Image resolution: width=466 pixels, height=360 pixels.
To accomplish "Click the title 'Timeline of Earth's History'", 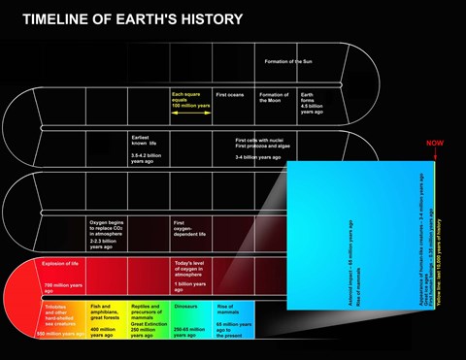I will coord(132,19).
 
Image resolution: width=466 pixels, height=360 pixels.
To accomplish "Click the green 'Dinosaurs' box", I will coord(192,319).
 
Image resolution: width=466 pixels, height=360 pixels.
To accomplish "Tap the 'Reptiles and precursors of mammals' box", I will coord(150,319).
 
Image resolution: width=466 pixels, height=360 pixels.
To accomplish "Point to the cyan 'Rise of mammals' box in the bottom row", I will coord(233,319).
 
